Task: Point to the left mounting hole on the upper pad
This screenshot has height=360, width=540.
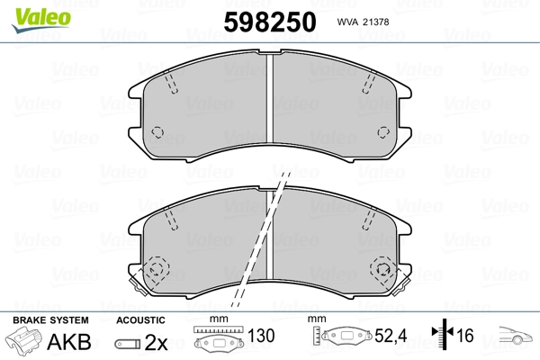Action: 157,132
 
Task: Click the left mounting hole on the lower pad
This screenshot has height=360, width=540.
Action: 156,269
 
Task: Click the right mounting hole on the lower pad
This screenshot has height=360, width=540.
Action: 385,269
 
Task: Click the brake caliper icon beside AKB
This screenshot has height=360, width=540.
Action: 28,342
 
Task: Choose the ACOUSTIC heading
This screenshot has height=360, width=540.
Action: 140,319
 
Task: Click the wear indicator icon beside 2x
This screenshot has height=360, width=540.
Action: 129,344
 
